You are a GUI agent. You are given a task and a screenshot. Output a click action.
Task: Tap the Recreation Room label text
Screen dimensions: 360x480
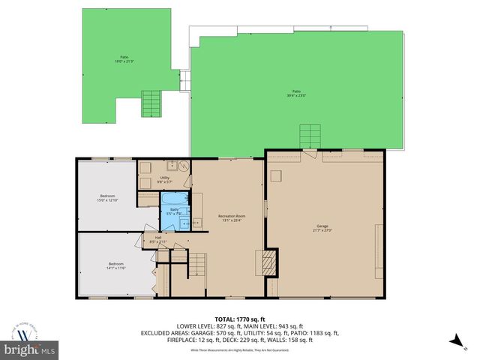click(x=228, y=217)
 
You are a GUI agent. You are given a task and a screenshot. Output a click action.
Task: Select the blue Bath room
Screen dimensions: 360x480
click(x=174, y=212)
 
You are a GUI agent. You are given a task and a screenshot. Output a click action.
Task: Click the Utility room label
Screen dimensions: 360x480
click(x=164, y=179)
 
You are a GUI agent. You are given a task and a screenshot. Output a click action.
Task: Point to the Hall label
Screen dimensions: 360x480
click(x=158, y=239)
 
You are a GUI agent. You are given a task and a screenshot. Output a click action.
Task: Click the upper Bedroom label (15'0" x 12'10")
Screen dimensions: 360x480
click(x=108, y=197)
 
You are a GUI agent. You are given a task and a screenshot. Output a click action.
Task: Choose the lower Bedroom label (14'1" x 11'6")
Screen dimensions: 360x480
click(x=115, y=265)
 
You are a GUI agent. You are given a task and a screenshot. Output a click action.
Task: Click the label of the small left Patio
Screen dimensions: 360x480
click(x=124, y=59)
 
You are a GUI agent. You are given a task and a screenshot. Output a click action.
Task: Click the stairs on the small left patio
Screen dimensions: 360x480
click(x=151, y=103)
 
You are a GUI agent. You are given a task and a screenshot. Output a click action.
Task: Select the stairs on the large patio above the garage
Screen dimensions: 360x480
click(x=310, y=137)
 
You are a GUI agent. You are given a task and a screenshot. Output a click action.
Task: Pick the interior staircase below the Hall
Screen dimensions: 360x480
click(x=196, y=264)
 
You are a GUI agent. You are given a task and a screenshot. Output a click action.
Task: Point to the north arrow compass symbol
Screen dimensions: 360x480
click(x=454, y=341)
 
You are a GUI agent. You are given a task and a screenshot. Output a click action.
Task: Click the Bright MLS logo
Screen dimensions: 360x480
click(x=30, y=349)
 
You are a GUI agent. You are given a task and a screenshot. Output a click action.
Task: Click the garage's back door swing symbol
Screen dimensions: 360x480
click(x=308, y=154)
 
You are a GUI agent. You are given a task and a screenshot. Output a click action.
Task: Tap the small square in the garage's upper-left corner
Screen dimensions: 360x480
click(x=276, y=175)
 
